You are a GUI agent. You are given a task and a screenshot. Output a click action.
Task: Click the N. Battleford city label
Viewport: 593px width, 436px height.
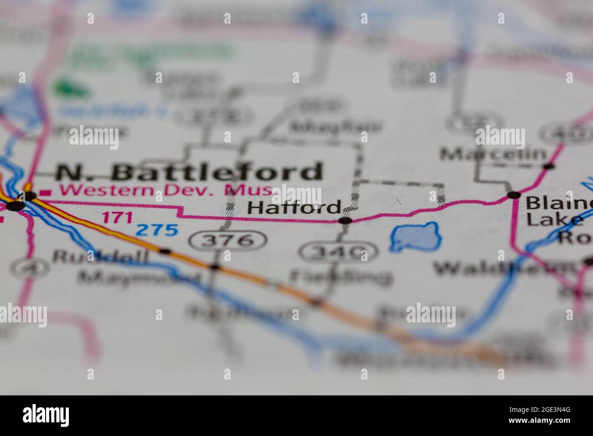coord(189,172)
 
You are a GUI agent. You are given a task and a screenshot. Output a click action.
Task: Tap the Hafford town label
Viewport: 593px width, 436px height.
coord(294,208)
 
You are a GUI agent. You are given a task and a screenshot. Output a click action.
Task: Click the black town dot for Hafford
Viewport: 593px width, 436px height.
coord(345,221)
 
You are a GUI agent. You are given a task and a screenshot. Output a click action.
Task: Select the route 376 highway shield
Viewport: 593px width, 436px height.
coord(228,240)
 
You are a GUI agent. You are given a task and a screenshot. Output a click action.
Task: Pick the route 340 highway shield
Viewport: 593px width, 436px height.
coord(338,252)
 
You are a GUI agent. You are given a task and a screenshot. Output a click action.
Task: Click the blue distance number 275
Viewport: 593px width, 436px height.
coord(157,230)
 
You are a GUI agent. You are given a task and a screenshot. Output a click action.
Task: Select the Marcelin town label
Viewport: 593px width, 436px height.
coord(493,155)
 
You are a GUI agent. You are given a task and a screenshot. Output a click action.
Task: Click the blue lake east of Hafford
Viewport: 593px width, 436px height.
coord(416,236)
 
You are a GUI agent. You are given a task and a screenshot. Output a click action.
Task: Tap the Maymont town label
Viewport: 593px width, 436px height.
coord(139,277)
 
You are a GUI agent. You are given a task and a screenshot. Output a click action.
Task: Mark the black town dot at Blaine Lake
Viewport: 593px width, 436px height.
coord(514,195)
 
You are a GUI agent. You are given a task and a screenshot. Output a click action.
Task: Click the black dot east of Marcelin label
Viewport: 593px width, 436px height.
coord(549,166)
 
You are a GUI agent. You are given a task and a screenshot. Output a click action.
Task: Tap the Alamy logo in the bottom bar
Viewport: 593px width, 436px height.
coord(46,415)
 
